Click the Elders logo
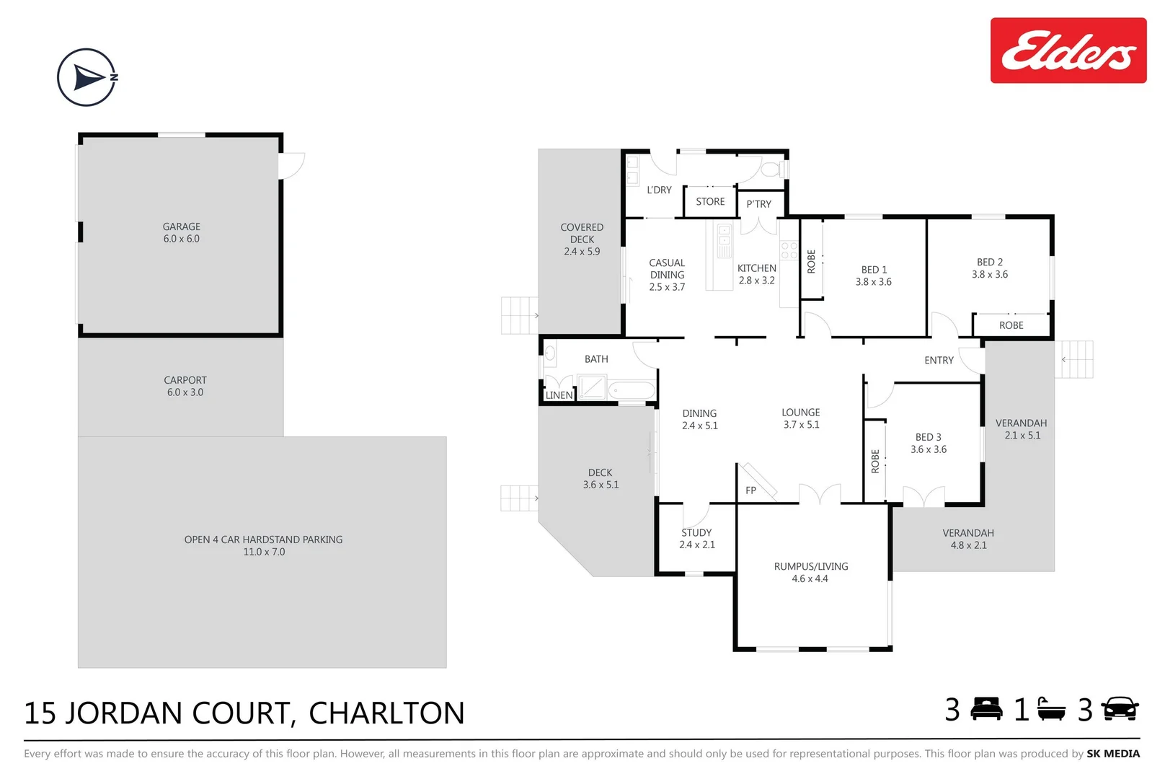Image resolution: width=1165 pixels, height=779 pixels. [1068, 50]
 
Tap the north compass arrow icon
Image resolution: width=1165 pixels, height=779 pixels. [87, 77]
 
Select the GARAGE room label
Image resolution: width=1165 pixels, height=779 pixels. [181, 226]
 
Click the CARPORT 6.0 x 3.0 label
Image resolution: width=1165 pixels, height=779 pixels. [185, 386]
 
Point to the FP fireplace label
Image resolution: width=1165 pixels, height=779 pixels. [750, 490]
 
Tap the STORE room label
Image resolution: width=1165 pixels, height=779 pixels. [710, 202]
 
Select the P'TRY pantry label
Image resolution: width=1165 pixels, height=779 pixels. [758, 204]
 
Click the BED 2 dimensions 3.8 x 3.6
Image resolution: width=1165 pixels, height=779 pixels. [989, 275]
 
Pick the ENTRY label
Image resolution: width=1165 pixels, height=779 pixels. [939, 361]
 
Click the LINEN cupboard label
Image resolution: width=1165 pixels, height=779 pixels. [559, 395]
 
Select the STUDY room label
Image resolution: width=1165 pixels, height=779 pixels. [696, 532]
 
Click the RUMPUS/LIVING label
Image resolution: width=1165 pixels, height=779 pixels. [811, 567]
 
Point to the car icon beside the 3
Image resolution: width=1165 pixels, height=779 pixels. [1120, 710]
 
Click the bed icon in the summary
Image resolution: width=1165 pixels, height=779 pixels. [986, 710]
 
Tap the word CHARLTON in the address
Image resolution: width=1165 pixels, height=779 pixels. [386, 713]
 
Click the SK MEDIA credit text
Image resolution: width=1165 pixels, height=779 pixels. [1113, 754]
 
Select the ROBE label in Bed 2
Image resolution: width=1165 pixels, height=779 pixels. [1011, 325]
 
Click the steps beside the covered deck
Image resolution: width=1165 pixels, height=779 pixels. [519, 316]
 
